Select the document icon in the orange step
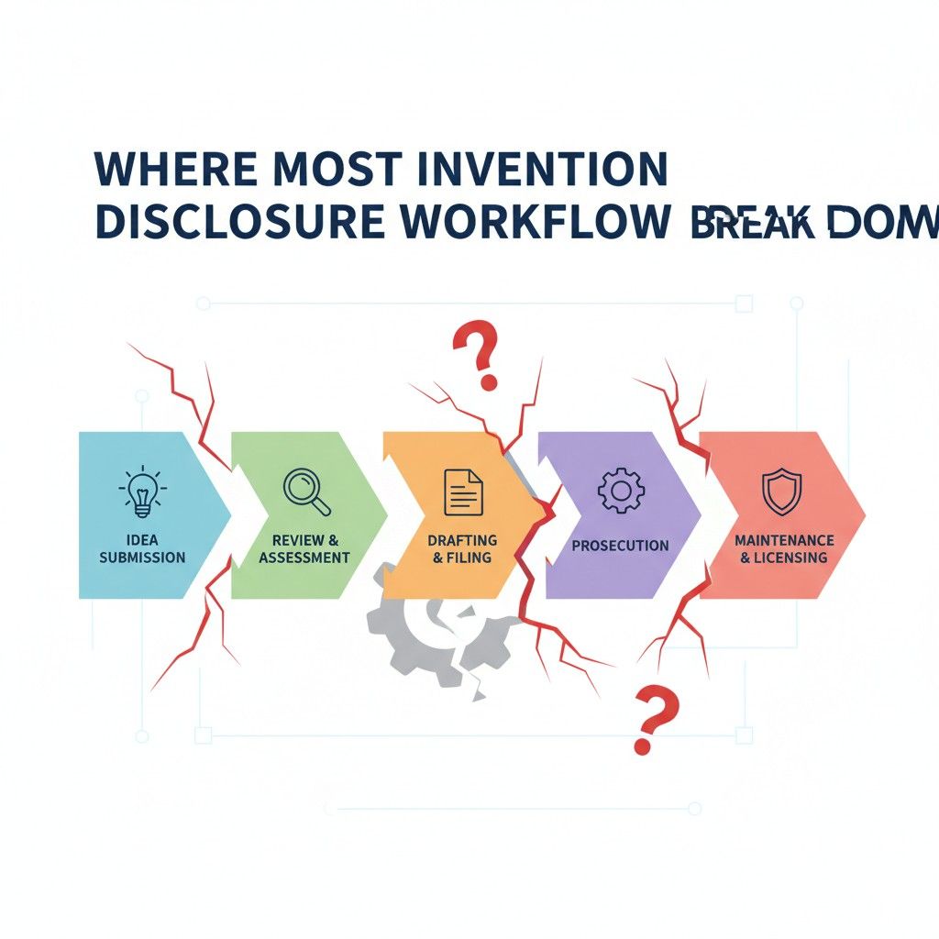click(x=463, y=492)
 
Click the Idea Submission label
click(x=142, y=548)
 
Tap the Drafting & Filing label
click(x=462, y=548)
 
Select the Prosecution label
click(x=620, y=546)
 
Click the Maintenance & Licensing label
click(x=784, y=548)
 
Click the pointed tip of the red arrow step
click(x=865, y=514)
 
